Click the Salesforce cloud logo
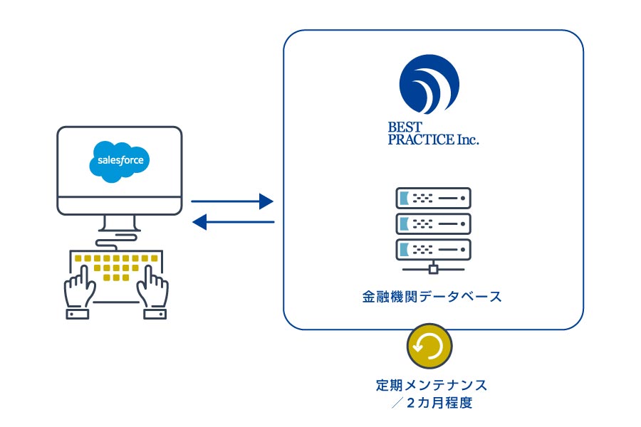[120, 161]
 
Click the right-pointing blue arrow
[231, 201]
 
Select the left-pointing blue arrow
[233, 222]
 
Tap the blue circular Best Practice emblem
[429, 84]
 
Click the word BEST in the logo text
[405, 127]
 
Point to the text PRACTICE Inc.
[433, 139]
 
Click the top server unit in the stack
[433, 198]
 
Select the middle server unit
[433, 224]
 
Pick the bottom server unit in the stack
[433, 249]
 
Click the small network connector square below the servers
[433, 269]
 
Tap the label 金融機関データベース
[432, 297]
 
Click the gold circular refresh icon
[429, 346]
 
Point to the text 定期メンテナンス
[432, 385]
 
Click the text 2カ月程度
[439, 403]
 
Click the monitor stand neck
[120, 223]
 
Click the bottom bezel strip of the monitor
[120, 206]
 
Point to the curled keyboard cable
[116, 241]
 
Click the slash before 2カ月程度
[397, 403]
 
